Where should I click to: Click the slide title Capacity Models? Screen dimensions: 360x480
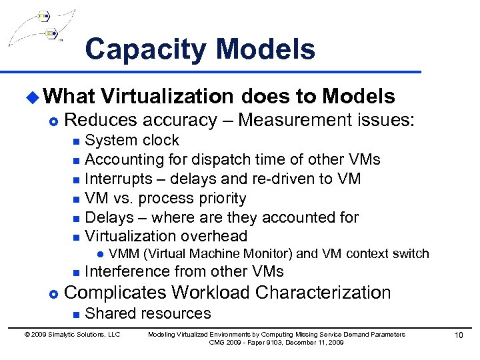click(x=200, y=49)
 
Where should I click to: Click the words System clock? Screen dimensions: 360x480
click(x=132, y=141)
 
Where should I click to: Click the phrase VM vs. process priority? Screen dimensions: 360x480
click(x=165, y=199)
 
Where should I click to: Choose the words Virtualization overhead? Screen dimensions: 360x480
click(x=166, y=237)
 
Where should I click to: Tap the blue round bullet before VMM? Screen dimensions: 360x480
click(x=99, y=254)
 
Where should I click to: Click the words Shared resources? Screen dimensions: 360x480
click(x=148, y=314)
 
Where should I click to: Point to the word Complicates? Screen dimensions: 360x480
click(x=117, y=293)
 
